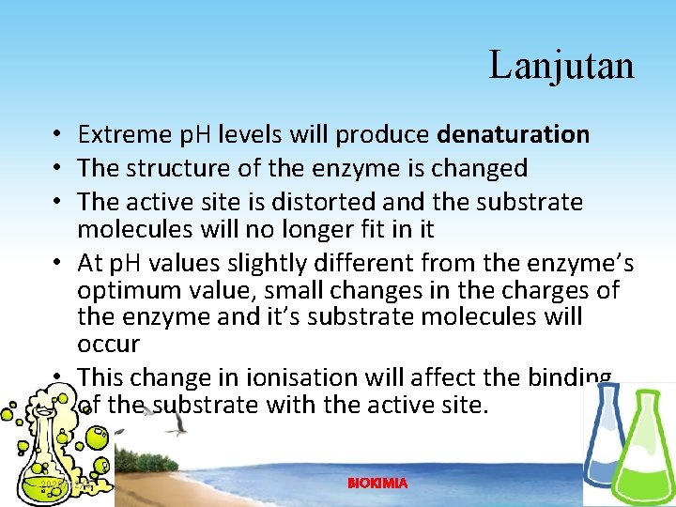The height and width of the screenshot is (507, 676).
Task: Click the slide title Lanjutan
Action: pos(561,66)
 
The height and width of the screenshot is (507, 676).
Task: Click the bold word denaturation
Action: pos(514,135)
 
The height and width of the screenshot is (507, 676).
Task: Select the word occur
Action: pos(108,344)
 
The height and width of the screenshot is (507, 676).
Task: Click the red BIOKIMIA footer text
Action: pos(377,483)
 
